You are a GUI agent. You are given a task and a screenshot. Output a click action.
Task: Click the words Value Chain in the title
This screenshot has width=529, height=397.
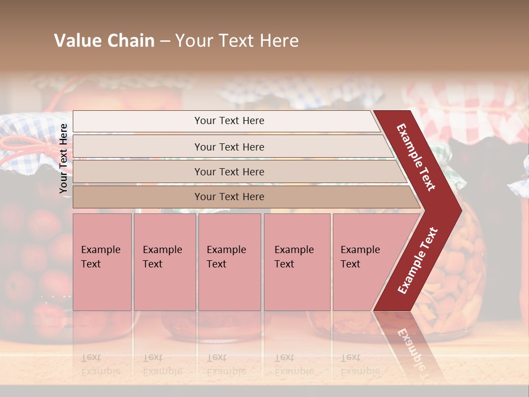point(104,41)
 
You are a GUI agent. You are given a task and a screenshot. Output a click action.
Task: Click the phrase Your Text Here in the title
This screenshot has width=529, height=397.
point(237,41)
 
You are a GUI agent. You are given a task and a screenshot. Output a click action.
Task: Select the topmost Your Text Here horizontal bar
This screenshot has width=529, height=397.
point(229,121)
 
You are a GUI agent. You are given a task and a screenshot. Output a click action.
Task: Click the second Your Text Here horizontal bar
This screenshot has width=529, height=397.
point(229,147)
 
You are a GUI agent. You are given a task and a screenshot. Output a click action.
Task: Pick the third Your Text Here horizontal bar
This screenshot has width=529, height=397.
point(229,171)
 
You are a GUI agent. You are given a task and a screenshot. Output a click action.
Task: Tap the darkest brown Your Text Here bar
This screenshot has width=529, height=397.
point(229,197)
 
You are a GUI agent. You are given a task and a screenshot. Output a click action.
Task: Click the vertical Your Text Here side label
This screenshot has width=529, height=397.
point(64,159)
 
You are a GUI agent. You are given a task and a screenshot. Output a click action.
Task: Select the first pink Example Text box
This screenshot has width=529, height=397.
point(102,262)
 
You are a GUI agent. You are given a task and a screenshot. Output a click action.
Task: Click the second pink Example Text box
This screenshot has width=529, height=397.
point(164,262)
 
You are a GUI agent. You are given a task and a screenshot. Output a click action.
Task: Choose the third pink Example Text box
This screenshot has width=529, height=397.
point(229,262)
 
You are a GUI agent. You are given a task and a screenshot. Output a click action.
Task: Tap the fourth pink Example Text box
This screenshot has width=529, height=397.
point(296,262)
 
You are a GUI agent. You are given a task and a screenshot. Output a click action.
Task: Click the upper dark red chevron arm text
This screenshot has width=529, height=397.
point(416,157)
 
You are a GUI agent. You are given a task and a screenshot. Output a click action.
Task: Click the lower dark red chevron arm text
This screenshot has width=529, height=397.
point(418,260)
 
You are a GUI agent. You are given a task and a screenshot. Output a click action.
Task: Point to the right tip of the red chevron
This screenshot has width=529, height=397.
point(460,210)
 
